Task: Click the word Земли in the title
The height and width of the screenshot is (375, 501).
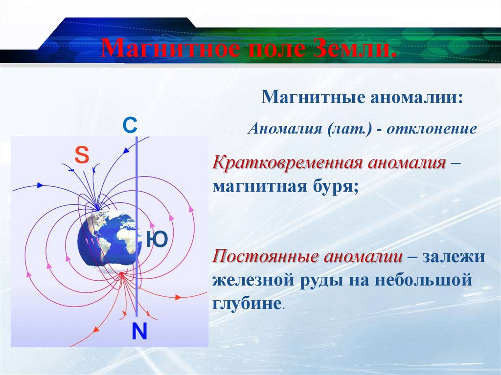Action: coord(354,48)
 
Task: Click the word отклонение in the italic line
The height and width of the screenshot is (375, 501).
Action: coord(432,129)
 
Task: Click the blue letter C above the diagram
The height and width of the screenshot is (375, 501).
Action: coord(130,125)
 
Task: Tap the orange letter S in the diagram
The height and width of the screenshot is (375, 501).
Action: coord(82,155)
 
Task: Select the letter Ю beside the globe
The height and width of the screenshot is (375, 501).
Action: coord(157,239)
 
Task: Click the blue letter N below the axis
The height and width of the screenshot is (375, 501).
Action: coord(139,331)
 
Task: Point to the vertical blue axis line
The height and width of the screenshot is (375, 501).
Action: coord(137,226)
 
